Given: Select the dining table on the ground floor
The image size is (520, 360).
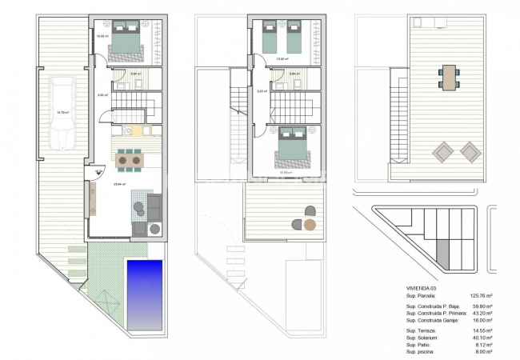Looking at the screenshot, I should pos(127,161).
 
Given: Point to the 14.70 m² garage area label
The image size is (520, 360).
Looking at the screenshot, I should pos(63,113).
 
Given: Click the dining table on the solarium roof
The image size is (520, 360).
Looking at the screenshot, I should pos(450,78).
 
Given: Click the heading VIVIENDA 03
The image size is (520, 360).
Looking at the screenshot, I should pos(422,288).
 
